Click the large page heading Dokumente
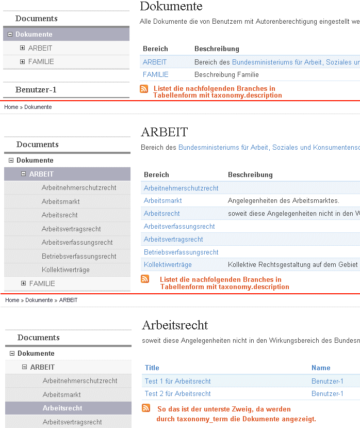(171, 7)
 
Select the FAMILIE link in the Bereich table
(155, 74)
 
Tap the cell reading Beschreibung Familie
(226, 74)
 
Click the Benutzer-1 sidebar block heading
(36, 90)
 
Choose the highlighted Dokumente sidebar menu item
(34, 35)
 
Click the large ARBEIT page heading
(164, 132)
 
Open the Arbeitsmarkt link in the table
(162, 200)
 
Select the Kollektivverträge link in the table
(168, 264)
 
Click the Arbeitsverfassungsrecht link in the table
(179, 226)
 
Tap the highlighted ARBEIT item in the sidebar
(41, 174)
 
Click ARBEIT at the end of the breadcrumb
(68, 300)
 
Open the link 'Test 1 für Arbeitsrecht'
(177, 381)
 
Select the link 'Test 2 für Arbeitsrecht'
(177, 393)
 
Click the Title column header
(152, 368)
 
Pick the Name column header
(320, 368)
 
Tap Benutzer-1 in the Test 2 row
(327, 393)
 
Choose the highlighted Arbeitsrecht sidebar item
(62, 408)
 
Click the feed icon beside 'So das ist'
(146, 408)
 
